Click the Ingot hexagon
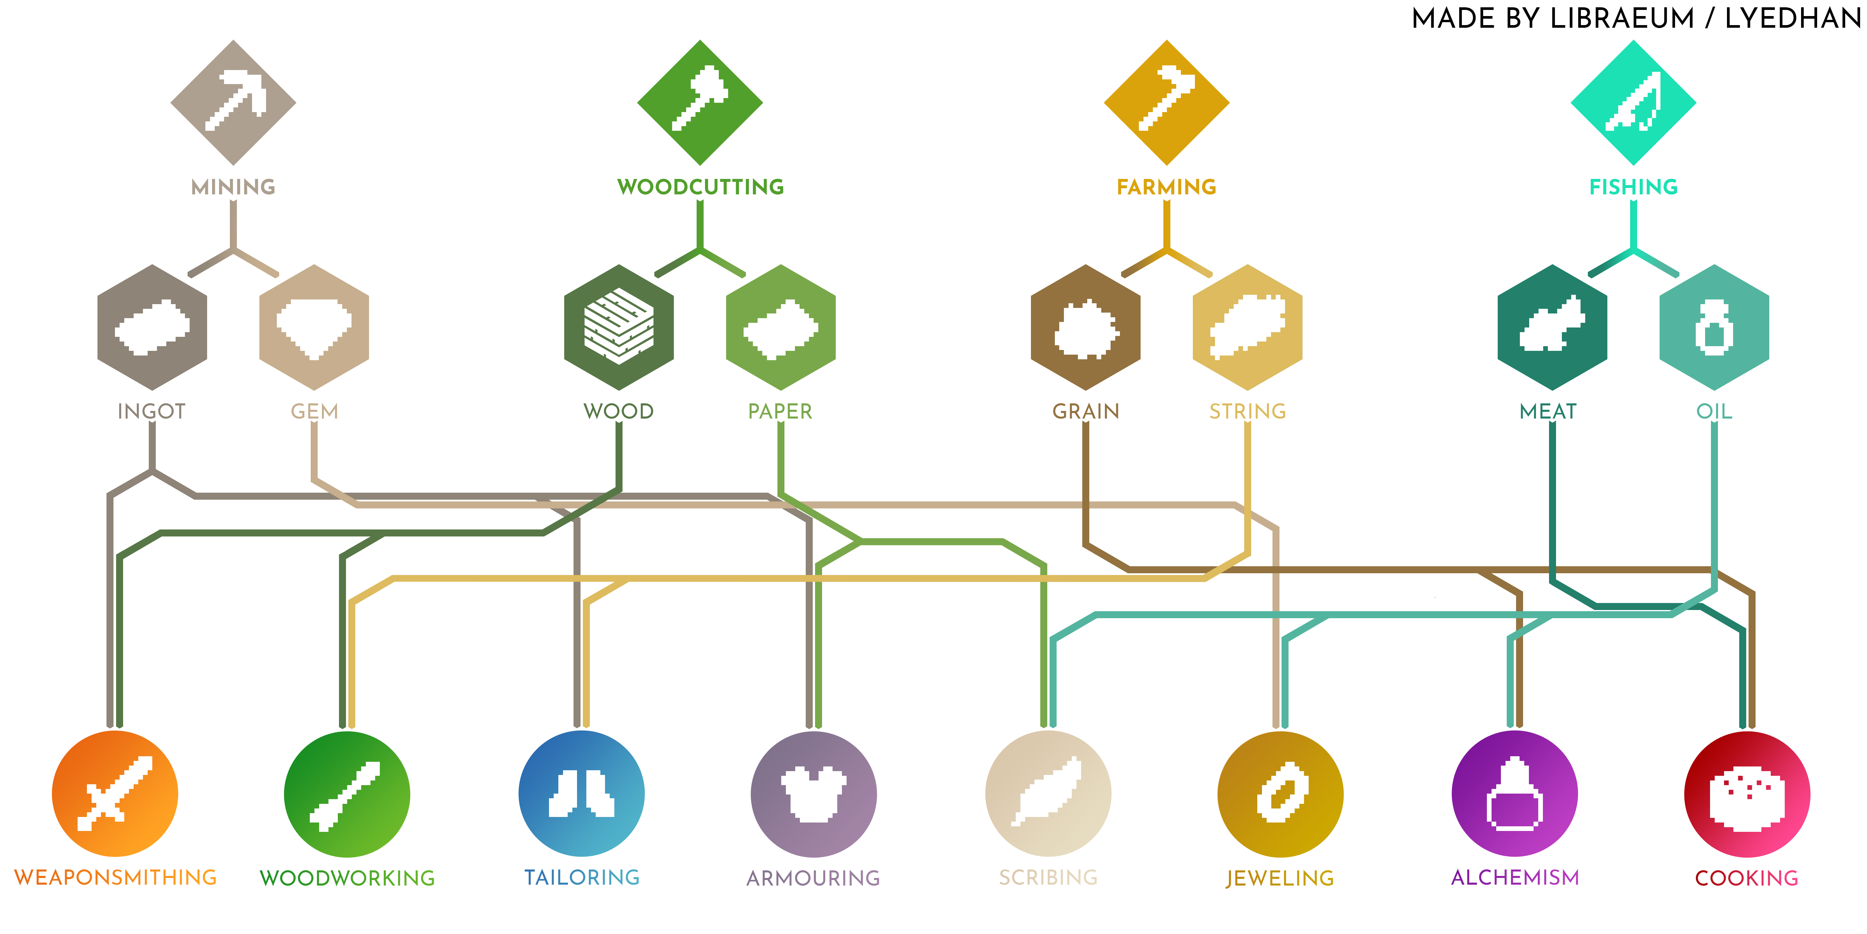(152, 327)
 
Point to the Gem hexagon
(314, 327)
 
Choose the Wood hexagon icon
(619, 327)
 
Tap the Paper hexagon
(781, 327)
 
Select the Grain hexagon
(1086, 327)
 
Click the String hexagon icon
(1247, 327)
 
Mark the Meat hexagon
(1553, 327)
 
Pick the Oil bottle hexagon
(1714, 327)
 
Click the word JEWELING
(1280, 878)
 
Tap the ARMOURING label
(813, 878)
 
